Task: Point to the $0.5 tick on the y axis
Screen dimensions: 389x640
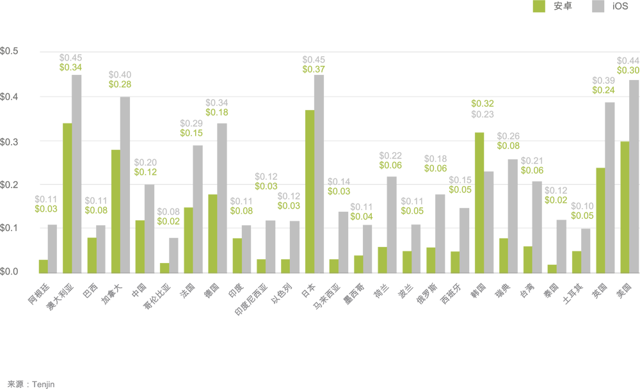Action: point(10,51)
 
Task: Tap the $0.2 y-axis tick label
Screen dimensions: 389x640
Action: point(10,184)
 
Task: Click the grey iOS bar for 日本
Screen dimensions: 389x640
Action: point(319,173)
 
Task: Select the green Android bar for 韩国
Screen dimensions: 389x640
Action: point(479,202)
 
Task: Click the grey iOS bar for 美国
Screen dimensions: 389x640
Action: point(634,175)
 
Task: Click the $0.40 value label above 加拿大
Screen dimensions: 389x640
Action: point(120,75)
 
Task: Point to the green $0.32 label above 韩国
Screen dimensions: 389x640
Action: point(483,104)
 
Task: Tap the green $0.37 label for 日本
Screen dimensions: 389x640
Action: point(314,68)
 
